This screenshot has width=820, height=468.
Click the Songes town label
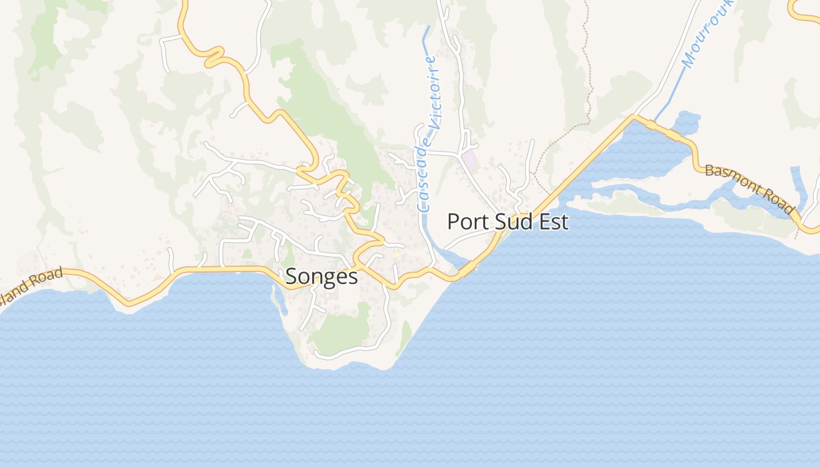click(322, 276)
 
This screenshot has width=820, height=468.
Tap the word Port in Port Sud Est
click(466, 222)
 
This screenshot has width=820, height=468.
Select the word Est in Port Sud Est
click(553, 222)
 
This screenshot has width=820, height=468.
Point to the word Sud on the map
click(510, 222)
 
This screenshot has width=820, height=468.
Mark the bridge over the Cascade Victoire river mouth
click(467, 269)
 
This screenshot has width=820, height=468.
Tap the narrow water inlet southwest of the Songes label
click(279, 298)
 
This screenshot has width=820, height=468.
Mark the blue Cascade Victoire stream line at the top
click(426, 41)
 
